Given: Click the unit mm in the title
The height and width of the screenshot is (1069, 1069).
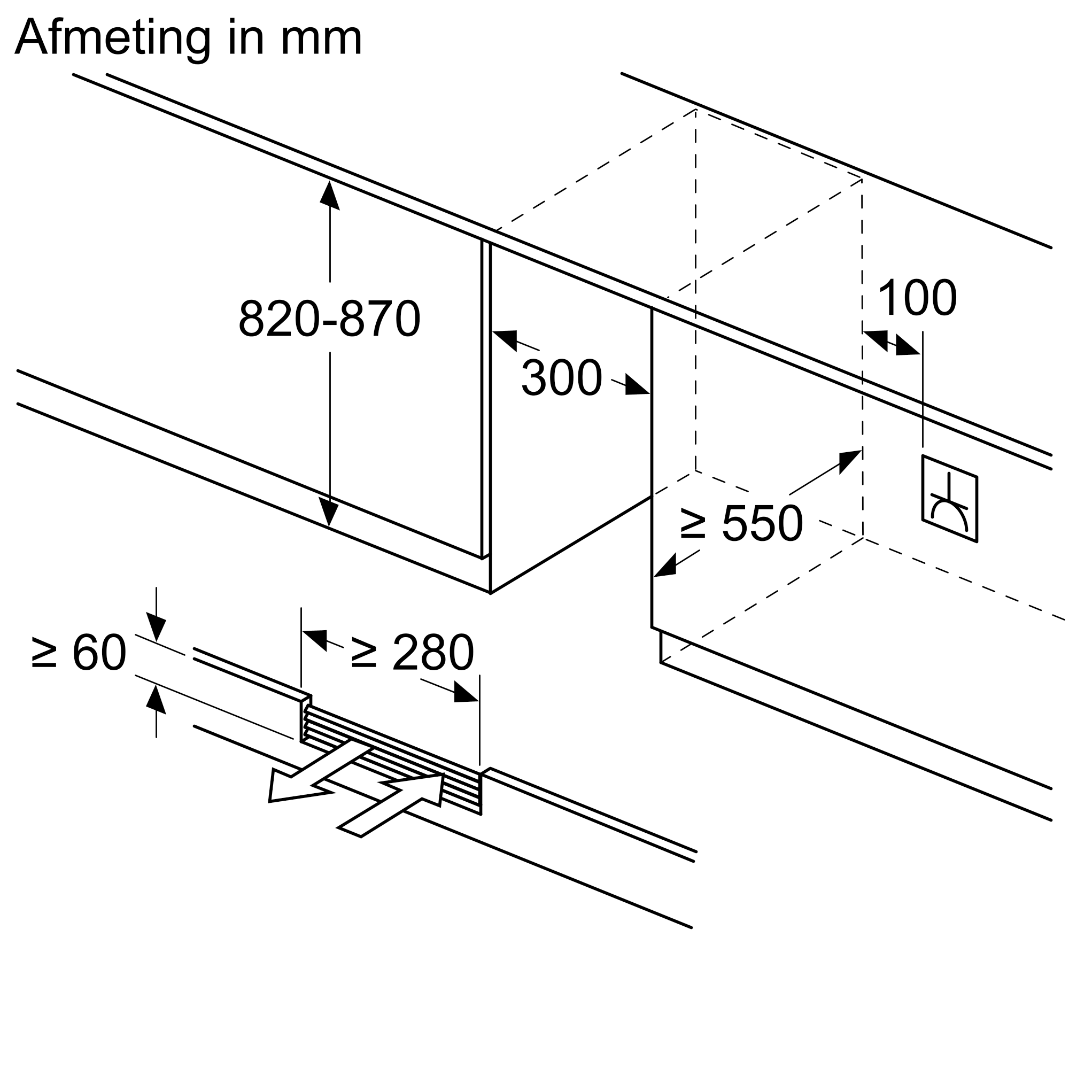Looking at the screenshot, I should point(321,38).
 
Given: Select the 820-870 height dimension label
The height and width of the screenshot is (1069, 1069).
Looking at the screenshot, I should point(330,318).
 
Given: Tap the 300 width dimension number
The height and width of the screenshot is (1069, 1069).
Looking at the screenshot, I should point(561,378).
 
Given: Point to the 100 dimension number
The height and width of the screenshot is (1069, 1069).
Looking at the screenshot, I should point(917,299).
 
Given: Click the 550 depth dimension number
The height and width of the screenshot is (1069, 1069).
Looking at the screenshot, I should point(763,523).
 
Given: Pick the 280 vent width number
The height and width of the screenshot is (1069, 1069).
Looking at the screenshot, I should point(433,653).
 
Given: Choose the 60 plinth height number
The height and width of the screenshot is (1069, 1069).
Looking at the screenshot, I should point(99,653).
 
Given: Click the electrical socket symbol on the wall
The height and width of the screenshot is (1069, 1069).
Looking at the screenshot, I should point(949,499).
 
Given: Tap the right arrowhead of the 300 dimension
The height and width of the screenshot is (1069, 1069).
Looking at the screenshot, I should point(636,386).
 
